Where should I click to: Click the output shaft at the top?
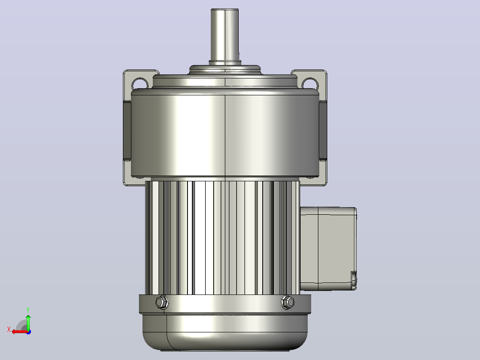click(225, 35)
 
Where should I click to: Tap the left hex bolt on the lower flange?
click(162, 303)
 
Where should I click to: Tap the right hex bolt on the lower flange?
click(288, 303)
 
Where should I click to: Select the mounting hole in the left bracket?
click(140, 83)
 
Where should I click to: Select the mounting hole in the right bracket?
click(310, 83)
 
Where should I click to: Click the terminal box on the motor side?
click(328, 249)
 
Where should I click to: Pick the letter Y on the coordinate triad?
click(28, 310)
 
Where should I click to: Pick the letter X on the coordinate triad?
click(9, 329)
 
